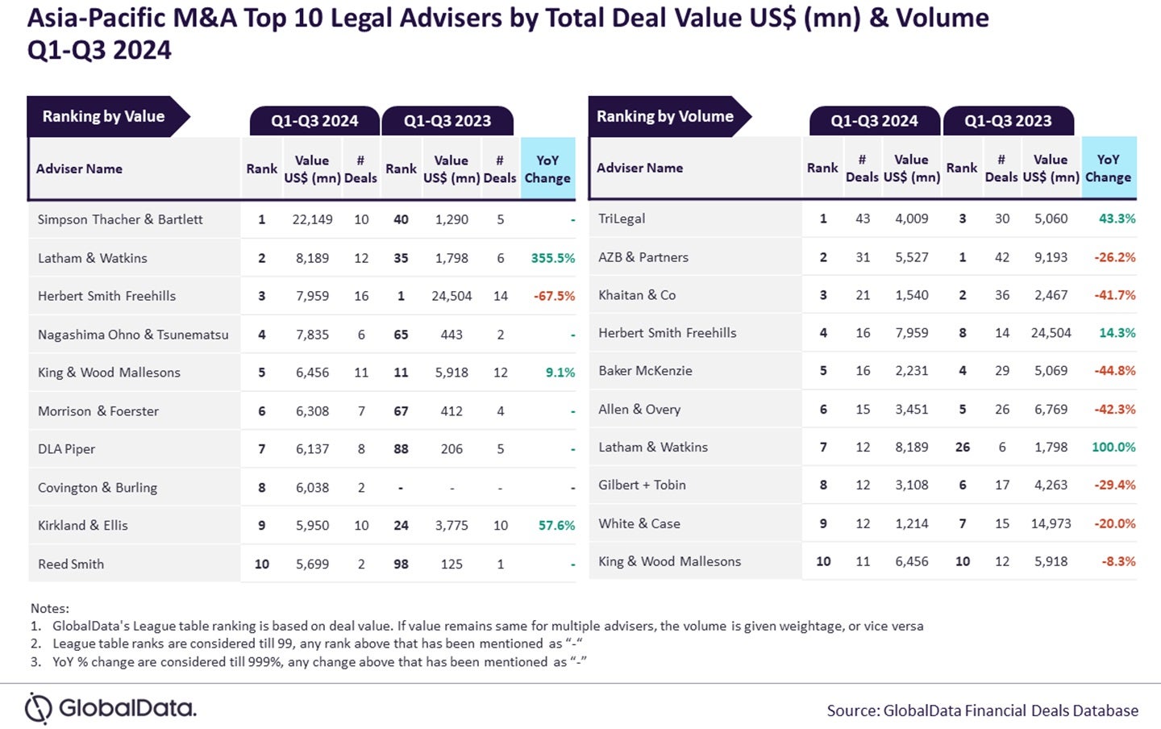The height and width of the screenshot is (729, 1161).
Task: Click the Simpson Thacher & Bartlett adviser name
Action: pos(120,219)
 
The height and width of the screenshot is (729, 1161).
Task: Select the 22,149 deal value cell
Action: pos(312,219)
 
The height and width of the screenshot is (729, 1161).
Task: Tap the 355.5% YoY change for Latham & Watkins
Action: pos(553,258)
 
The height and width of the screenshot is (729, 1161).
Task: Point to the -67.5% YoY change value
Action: pos(554,296)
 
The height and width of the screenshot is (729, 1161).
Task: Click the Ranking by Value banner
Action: pos(104,117)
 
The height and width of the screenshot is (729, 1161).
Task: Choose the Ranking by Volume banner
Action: pos(665,117)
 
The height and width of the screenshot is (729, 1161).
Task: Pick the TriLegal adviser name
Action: pos(622,219)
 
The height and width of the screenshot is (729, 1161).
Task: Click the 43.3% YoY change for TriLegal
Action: pos(1117,219)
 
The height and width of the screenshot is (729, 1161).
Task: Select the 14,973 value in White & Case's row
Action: pos(1051,523)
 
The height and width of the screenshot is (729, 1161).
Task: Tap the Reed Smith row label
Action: pos(71,564)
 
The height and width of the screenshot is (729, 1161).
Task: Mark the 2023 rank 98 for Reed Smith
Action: pos(401,564)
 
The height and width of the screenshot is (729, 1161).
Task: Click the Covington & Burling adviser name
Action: pos(98,487)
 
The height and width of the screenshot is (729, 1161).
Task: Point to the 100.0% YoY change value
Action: pos(1113,447)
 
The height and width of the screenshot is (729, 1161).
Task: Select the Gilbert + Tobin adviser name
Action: pos(642,485)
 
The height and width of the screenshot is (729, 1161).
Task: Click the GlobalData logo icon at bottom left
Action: pos(38,708)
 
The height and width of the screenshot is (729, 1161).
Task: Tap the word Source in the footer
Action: pos(852,710)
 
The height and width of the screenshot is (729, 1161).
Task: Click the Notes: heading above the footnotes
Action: pos(50,608)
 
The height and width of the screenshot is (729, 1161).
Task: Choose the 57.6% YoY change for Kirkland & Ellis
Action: pos(556,525)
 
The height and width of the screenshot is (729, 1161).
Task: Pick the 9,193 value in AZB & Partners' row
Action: pos(1051,257)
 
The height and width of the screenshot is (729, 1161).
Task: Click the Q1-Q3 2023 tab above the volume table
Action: pos(1008,121)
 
